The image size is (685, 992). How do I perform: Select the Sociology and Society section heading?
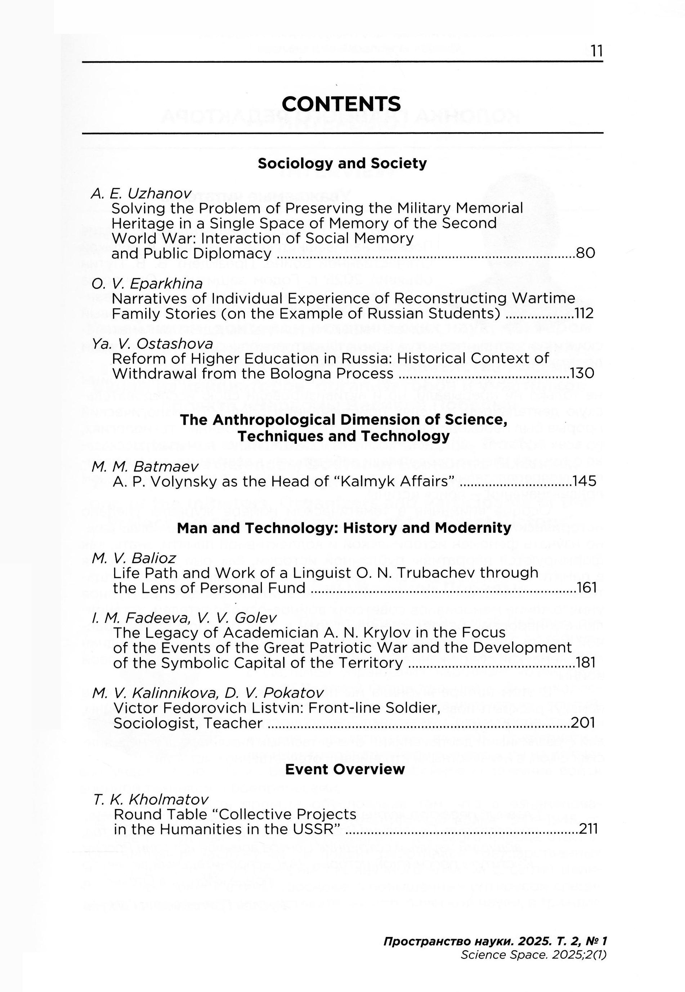[342, 164]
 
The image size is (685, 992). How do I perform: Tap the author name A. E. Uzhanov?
[141, 193]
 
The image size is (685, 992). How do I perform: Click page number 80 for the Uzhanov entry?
[586, 253]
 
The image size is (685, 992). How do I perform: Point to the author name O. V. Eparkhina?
[147, 284]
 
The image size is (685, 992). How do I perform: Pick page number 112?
[584, 313]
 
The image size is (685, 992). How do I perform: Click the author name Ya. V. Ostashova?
[152, 344]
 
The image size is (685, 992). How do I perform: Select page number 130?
[582, 374]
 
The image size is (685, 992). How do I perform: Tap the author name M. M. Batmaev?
[145, 466]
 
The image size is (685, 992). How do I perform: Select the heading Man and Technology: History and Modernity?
[344, 528]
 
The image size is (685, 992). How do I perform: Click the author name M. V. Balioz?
[134, 558]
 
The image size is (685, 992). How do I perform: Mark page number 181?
[586, 663]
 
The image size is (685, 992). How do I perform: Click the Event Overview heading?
[345, 769]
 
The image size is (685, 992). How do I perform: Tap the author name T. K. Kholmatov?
[151, 799]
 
